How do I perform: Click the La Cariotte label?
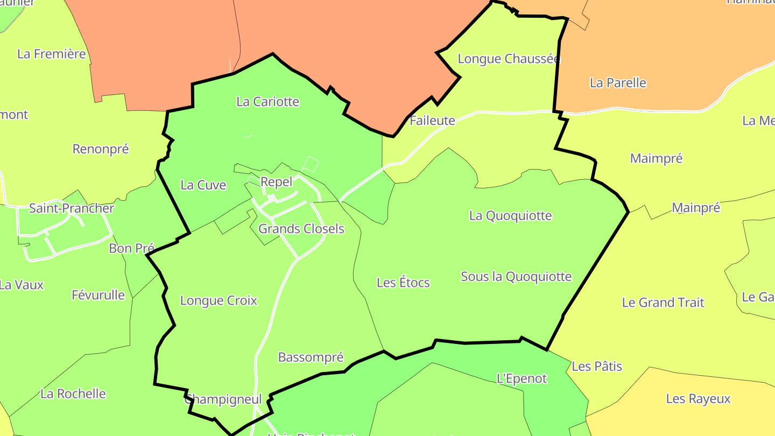click(x=267, y=102)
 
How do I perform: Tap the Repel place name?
click(x=276, y=182)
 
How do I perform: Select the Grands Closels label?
click(x=301, y=229)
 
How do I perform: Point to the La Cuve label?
click(x=203, y=185)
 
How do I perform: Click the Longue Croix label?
click(x=219, y=300)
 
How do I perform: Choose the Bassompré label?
click(x=311, y=357)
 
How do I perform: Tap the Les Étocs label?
click(x=403, y=283)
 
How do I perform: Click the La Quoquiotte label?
click(x=510, y=216)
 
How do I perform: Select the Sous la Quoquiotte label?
click(x=516, y=277)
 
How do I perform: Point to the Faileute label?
click(x=432, y=121)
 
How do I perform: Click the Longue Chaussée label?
click(x=509, y=59)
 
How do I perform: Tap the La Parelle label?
click(x=618, y=83)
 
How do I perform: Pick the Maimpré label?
click(x=656, y=159)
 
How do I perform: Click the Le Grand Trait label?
click(x=663, y=303)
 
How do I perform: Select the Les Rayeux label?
click(x=698, y=399)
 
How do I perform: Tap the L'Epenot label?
click(x=522, y=378)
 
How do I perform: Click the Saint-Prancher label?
click(x=72, y=208)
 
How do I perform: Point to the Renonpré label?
click(x=101, y=149)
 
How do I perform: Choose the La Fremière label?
click(x=52, y=54)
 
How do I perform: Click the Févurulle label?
click(x=98, y=295)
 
